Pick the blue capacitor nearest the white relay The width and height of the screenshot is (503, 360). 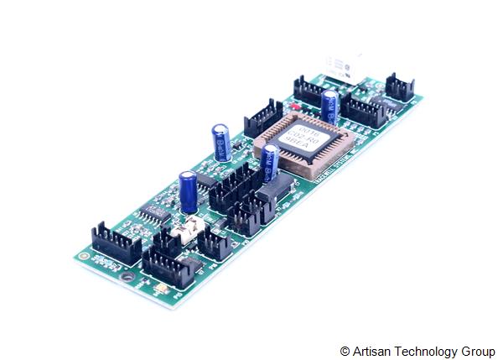click(330, 106)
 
